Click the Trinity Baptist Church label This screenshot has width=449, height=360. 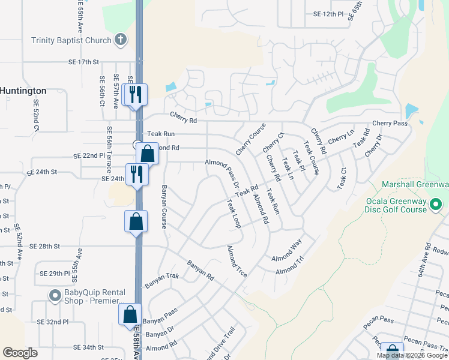point(71,40)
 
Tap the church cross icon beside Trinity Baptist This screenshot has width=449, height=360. point(120,40)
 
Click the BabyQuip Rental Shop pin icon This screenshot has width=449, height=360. point(55,296)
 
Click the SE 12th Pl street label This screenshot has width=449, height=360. point(328,14)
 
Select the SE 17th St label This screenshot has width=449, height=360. point(83,62)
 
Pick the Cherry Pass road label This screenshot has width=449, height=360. point(390,123)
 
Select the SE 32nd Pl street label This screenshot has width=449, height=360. point(53,322)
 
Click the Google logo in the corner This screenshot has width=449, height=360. point(20,353)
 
